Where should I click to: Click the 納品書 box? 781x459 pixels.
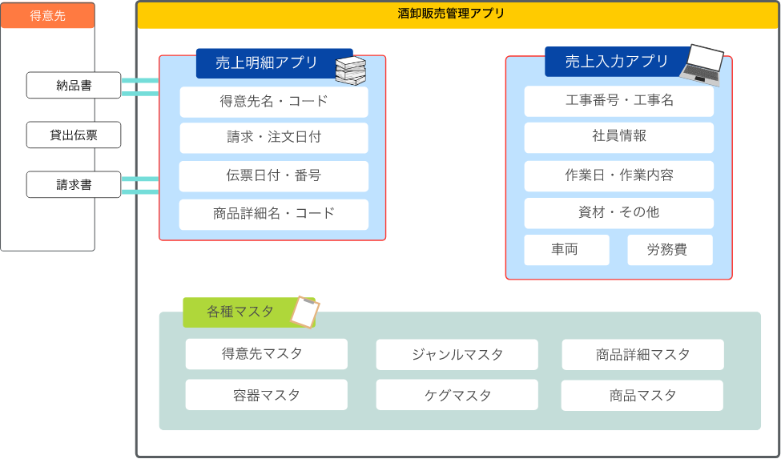point(74,85)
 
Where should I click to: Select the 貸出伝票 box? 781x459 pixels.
point(74,135)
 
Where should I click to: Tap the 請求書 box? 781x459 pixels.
point(74,184)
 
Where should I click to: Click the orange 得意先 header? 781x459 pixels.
point(48,16)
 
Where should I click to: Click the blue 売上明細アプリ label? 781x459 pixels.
point(267,63)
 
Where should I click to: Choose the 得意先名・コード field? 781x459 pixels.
point(274,102)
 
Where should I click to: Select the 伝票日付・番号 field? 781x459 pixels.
point(274,175)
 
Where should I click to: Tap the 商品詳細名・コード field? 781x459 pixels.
point(274,214)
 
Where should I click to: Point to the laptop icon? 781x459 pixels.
point(702,66)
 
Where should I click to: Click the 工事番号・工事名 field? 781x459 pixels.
point(619,101)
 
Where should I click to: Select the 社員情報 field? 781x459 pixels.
point(619,137)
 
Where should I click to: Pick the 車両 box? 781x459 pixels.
point(566,250)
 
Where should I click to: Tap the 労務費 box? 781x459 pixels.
point(668,250)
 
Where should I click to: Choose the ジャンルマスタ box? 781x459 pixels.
point(457,355)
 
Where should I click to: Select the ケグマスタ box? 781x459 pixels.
point(457,395)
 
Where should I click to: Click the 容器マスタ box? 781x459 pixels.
point(267,395)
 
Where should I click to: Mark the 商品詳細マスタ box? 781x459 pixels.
point(642,355)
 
